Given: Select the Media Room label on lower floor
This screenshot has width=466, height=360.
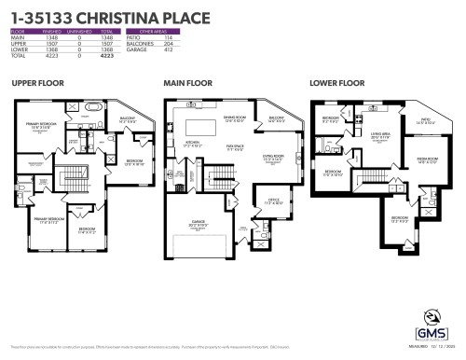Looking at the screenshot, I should click(428, 159).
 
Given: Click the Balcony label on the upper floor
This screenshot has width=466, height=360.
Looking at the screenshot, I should click(128, 118).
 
